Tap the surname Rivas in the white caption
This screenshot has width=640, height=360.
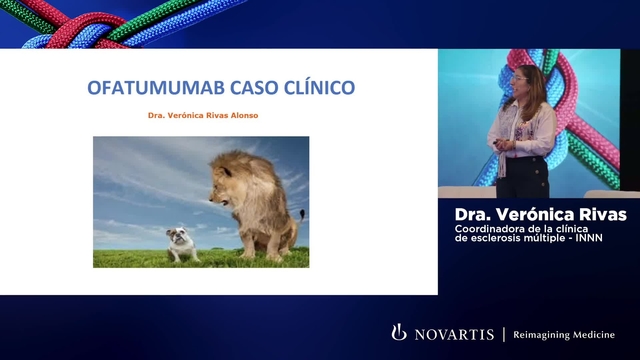599,214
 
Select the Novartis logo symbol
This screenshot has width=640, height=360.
399,333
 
